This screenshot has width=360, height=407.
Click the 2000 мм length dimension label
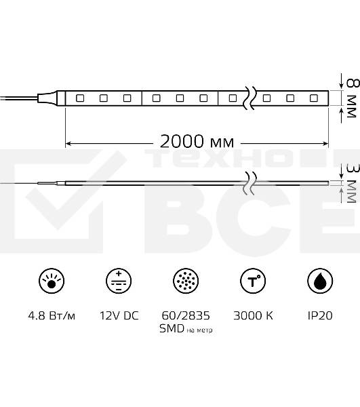pyautogui.click(x=197, y=142)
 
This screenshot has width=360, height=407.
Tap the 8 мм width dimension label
pyautogui.click(x=351, y=98)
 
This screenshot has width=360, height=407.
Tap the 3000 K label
pyautogui.click(x=252, y=315)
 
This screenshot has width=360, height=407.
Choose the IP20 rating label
pyautogui.click(x=319, y=315)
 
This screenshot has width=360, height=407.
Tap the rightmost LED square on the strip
pyautogui.click(x=314, y=98)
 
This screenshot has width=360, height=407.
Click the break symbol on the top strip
pyautogui.click(x=251, y=97)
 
